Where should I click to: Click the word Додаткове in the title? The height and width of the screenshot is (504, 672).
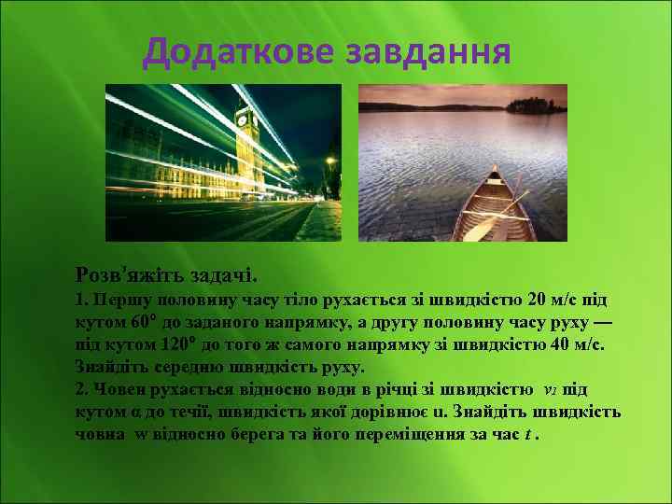(240, 52)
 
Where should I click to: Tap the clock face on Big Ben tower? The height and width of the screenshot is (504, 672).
(245, 119)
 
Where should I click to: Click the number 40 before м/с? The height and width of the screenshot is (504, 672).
(563, 344)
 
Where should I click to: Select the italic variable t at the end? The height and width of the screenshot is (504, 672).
(530, 434)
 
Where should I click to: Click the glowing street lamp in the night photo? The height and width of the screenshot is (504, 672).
(329, 161)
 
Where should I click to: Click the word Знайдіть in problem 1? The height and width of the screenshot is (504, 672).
(118, 367)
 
